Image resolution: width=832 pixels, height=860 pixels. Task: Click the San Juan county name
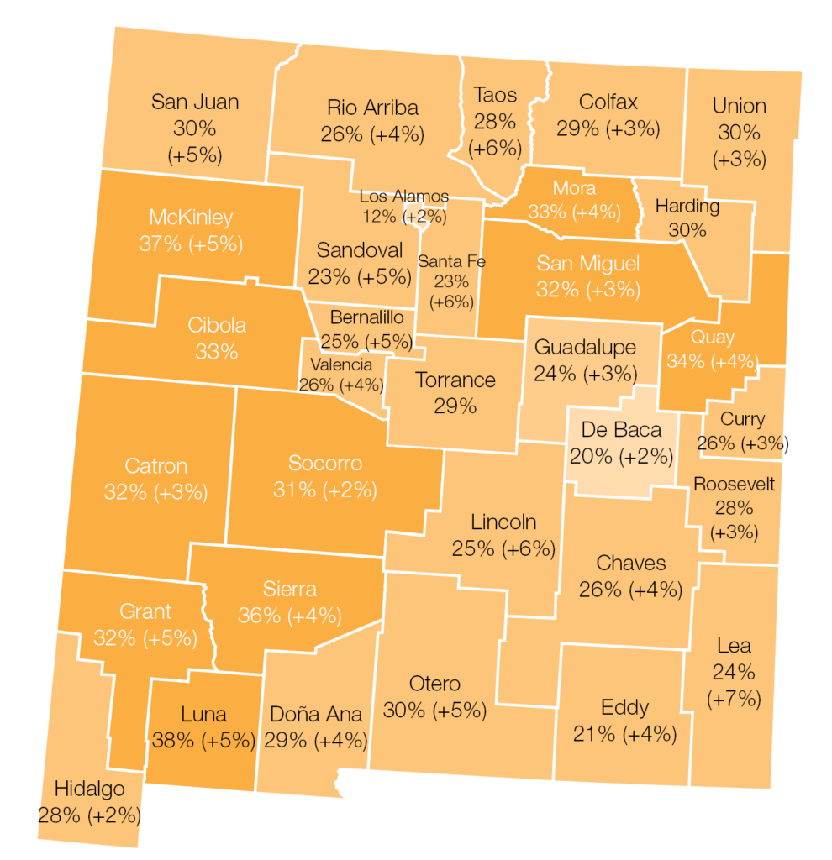(x=195, y=102)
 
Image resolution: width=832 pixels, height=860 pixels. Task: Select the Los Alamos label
(x=403, y=197)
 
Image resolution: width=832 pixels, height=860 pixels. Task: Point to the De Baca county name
(x=621, y=430)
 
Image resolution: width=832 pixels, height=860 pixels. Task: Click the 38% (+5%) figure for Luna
(x=203, y=740)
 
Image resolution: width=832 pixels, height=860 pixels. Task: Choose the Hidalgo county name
(x=89, y=789)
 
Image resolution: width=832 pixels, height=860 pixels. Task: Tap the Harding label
(x=687, y=206)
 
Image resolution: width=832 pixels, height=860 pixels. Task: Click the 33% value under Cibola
(x=217, y=351)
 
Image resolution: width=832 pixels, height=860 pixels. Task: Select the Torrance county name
(x=455, y=380)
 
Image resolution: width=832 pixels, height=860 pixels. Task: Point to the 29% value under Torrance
(x=455, y=406)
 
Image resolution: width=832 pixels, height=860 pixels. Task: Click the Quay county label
(x=713, y=338)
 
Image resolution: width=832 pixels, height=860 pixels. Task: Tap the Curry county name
(x=743, y=419)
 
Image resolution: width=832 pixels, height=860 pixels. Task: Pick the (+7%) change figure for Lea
(x=735, y=698)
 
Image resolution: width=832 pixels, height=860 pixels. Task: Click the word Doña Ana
(x=316, y=714)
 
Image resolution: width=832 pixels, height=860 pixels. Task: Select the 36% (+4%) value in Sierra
(x=289, y=615)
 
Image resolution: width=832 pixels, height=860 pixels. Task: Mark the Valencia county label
(x=340, y=364)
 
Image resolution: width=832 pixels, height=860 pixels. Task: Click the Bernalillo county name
(x=366, y=318)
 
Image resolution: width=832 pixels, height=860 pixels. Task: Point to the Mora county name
(x=574, y=187)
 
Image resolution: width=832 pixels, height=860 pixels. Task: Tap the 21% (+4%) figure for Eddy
(x=624, y=733)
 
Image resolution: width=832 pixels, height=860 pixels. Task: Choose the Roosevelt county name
(x=734, y=485)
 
